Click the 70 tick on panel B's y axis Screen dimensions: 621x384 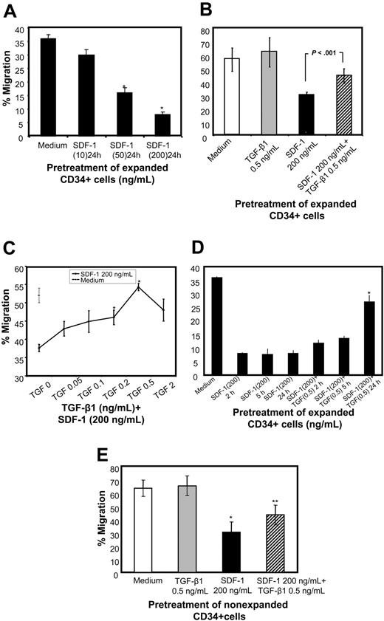tap(205, 35)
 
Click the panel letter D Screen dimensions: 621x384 tap(196, 245)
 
